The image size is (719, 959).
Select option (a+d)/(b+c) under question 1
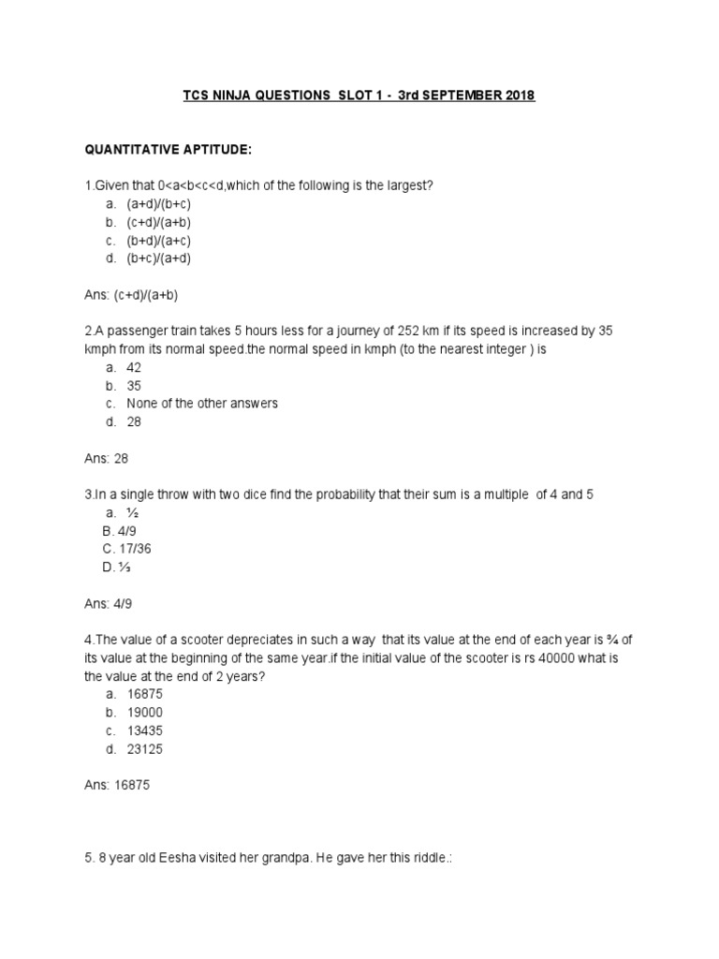click(x=165, y=204)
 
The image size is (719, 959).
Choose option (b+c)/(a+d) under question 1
click(x=165, y=258)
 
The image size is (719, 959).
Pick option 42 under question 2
click(x=134, y=368)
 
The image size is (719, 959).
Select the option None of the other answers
click(x=202, y=404)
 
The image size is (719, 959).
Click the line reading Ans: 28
click(x=108, y=459)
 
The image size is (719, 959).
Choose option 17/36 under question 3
click(x=134, y=549)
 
